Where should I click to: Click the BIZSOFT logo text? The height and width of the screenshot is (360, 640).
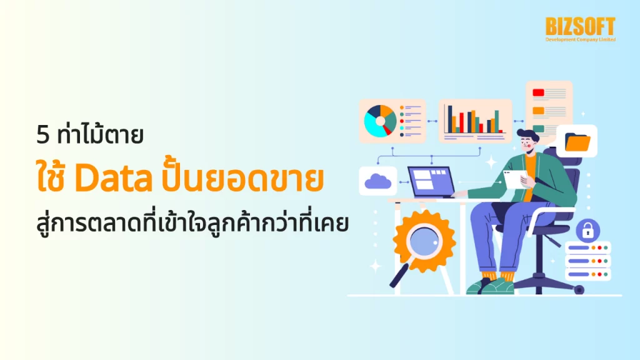coord(580,26)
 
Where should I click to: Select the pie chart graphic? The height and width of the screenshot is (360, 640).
coord(381,121)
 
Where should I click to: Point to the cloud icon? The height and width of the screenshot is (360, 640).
coord(378,181)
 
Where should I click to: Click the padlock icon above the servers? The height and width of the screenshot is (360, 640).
coord(587,229)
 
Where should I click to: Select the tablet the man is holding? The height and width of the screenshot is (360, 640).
coord(516,179)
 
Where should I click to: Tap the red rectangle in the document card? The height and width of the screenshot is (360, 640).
coord(538,93)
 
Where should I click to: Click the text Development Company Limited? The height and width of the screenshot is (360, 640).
coord(580,39)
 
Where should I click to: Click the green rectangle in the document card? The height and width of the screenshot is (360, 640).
coord(538,129)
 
